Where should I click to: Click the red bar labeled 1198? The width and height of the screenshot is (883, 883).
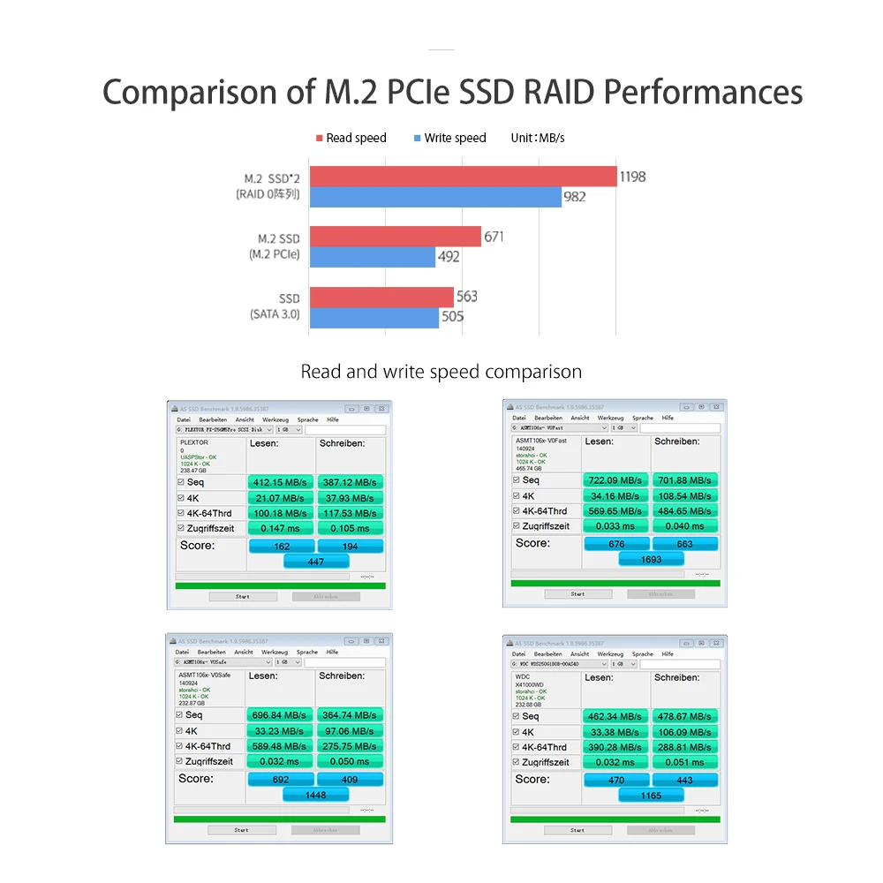coord(463,177)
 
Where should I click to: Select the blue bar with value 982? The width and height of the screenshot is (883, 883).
coord(435,197)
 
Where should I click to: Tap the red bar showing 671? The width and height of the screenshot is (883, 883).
coord(395,237)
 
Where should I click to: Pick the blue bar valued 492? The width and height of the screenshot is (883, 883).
coord(372,257)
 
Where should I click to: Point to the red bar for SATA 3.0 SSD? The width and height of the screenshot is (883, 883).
coord(381,297)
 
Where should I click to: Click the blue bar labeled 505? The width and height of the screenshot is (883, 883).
coord(374,317)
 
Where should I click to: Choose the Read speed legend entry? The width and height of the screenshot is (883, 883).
coord(351,138)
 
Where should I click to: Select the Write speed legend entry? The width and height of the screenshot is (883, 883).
coord(449,138)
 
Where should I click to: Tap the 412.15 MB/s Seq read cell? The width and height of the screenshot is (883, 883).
coord(279,482)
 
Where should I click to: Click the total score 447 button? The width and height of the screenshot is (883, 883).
coord(315,562)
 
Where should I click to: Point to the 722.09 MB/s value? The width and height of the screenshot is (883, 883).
coord(615,480)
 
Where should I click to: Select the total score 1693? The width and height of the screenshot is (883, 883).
coord(651,559)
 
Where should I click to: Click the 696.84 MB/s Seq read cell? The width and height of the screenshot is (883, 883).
coord(279,715)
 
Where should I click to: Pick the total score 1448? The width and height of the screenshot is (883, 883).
coord(315,795)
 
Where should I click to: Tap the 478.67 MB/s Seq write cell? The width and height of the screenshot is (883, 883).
coord(684,716)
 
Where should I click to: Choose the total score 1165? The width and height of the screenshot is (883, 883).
coord(651,796)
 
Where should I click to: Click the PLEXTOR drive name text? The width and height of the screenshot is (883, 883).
coord(193,442)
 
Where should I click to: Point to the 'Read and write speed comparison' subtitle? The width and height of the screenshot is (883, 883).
coord(441,372)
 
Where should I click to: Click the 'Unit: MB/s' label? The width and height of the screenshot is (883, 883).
coord(538,138)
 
